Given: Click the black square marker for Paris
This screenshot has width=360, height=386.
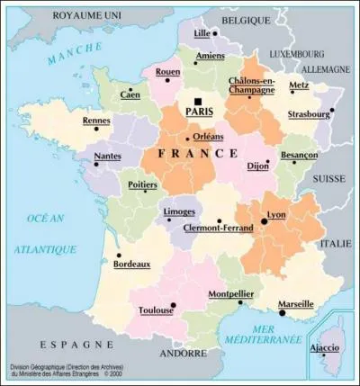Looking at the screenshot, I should (x=196, y=102).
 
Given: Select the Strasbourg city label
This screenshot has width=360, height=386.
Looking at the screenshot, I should (x=309, y=115).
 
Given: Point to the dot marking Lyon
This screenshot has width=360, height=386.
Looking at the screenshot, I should (x=264, y=220).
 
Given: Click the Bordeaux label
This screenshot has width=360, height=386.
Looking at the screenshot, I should (x=131, y=265).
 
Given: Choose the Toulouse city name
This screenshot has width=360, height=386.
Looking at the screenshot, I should (x=156, y=311).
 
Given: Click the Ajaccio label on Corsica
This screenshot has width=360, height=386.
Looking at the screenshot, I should (x=325, y=347).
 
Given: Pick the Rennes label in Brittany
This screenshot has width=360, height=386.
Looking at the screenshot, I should (x=96, y=121).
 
